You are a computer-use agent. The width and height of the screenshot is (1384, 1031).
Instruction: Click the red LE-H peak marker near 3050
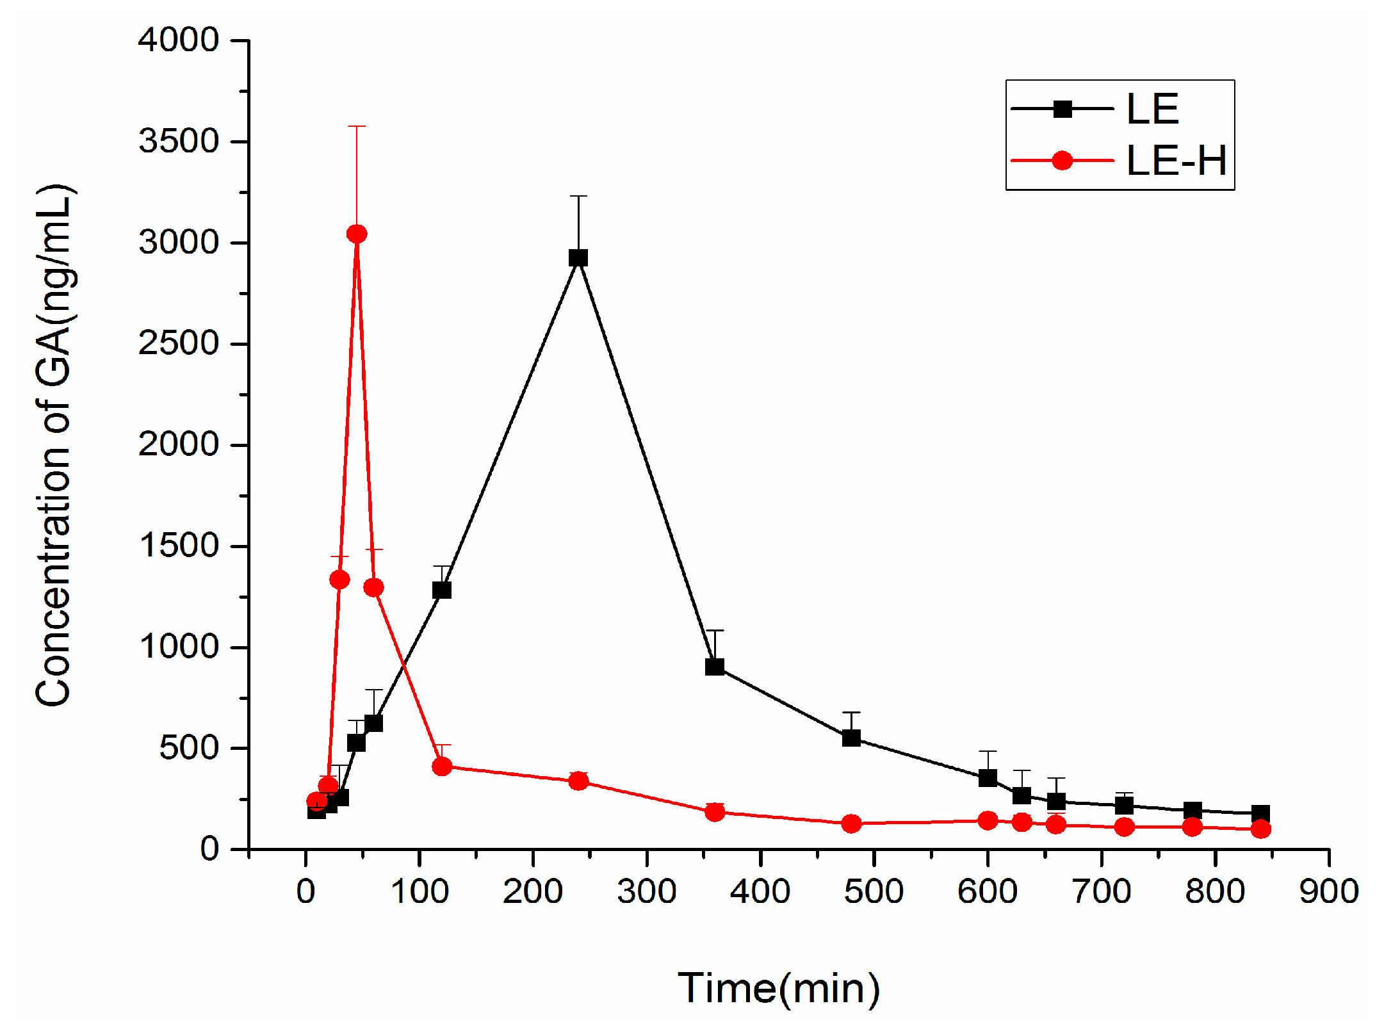click(x=357, y=234)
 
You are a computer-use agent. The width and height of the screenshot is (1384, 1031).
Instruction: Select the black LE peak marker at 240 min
click(x=578, y=258)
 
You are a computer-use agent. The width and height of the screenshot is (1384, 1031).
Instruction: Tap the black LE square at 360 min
click(x=715, y=667)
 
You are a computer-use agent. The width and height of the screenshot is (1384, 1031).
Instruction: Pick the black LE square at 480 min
click(x=851, y=738)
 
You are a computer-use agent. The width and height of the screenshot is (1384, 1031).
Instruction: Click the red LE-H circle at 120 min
click(x=442, y=767)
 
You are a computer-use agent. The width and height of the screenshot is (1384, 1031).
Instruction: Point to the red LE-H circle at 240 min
click(x=578, y=781)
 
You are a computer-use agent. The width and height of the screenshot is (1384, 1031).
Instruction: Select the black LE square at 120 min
click(x=442, y=590)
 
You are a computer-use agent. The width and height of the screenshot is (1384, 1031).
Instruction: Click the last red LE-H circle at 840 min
click(x=1260, y=829)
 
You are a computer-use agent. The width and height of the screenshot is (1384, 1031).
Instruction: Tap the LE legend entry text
click(x=1152, y=110)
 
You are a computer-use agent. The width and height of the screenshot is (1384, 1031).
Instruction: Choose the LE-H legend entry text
click(x=1176, y=161)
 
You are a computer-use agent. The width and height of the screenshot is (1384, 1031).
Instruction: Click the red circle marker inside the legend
click(x=1062, y=161)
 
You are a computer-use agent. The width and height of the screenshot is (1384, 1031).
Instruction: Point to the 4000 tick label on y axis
click(x=179, y=40)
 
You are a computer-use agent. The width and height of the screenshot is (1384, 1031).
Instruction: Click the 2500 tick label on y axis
click(x=179, y=344)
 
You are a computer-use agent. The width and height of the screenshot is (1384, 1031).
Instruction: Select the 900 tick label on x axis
click(x=1329, y=891)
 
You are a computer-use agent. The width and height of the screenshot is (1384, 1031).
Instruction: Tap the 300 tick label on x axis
click(x=647, y=891)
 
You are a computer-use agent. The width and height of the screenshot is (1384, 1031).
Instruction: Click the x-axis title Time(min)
click(x=779, y=988)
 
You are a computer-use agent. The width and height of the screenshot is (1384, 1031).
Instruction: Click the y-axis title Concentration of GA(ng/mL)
click(x=54, y=445)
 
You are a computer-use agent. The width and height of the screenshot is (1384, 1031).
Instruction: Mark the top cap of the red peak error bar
click(x=357, y=127)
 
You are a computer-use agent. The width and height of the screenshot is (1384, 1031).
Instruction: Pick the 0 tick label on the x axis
click(x=306, y=891)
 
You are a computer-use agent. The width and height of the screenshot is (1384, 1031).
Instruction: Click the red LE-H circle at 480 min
click(x=851, y=824)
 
